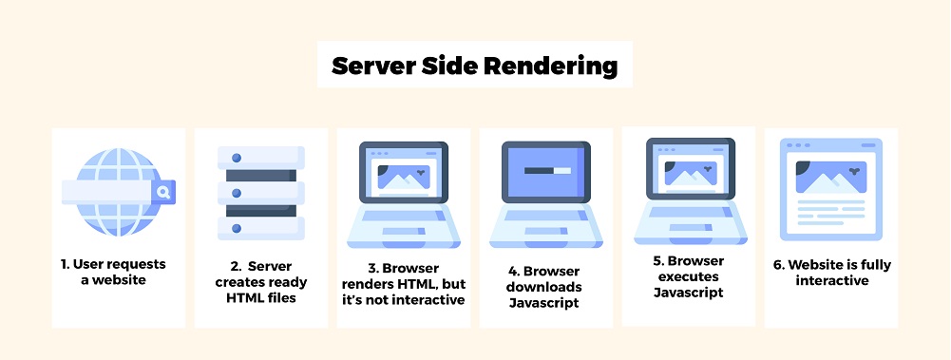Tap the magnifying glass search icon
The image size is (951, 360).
163,193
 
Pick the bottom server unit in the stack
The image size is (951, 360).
260,227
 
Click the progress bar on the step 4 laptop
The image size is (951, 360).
545,173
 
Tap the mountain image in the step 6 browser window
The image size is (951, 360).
830,176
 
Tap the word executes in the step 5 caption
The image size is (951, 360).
688,276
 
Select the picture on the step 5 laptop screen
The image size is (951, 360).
688,173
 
